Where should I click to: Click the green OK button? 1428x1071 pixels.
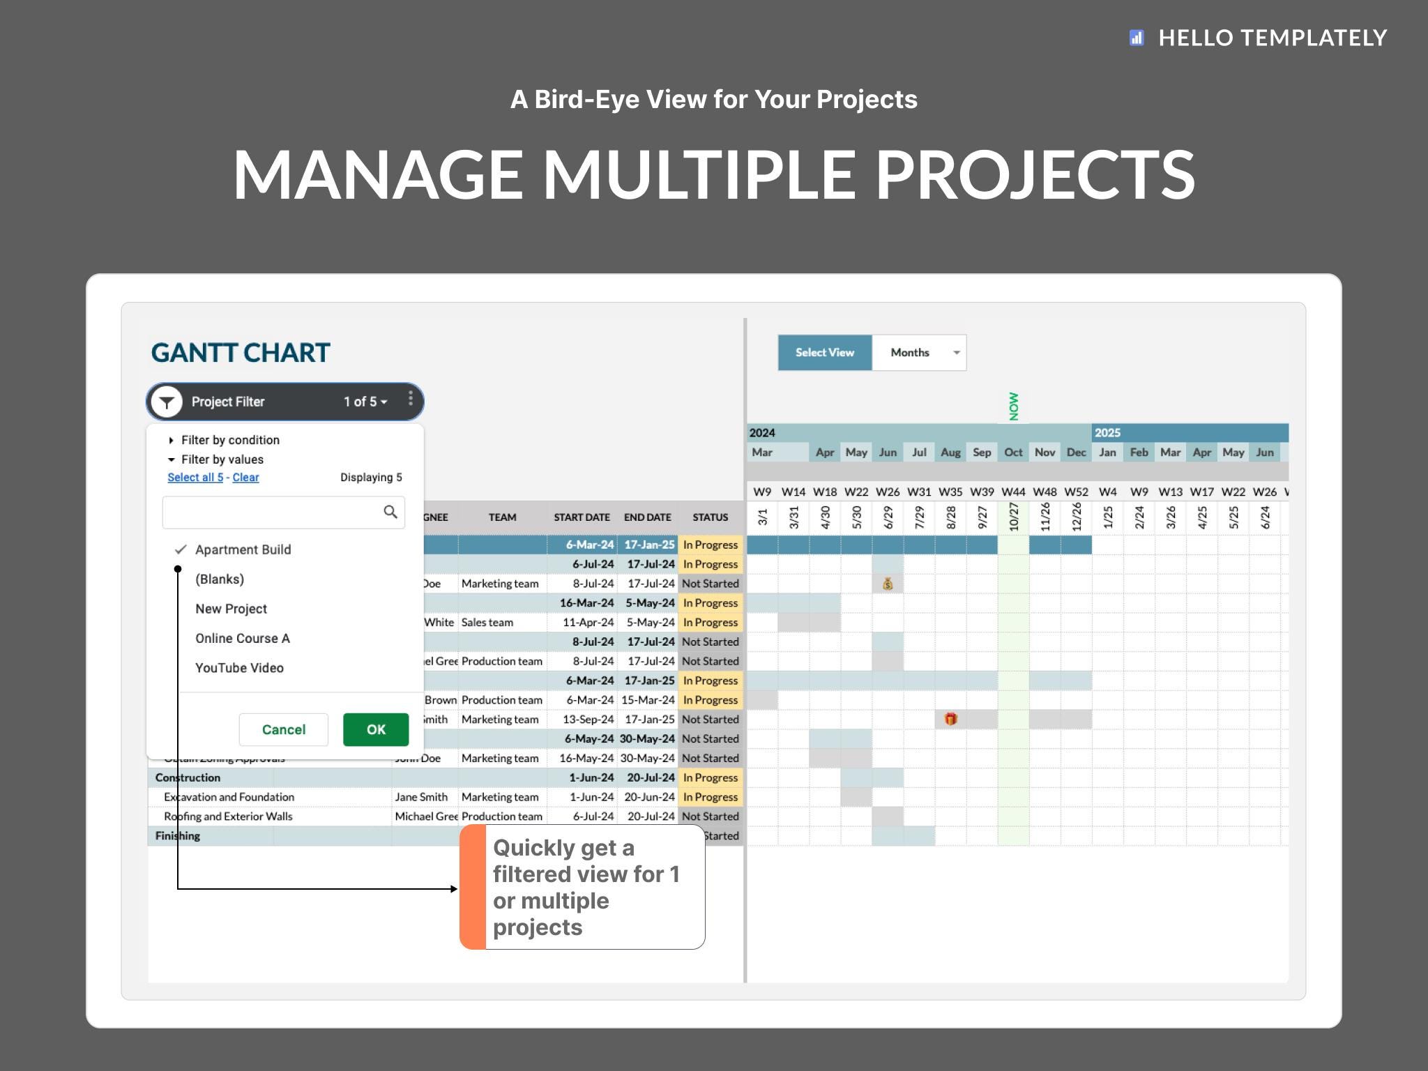point(375,729)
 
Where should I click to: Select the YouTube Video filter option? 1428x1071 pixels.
point(239,668)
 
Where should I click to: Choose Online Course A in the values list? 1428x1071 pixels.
point(242,638)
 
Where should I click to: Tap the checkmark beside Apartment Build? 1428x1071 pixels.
point(181,549)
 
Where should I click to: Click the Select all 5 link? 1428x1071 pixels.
point(195,478)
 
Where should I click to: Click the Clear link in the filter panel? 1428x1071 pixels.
point(245,478)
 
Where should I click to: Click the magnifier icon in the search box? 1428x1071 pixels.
point(390,512)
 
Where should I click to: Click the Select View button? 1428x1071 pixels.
point(824,353)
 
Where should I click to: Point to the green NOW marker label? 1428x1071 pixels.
point(1013,407)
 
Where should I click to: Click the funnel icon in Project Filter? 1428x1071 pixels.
point(167,402)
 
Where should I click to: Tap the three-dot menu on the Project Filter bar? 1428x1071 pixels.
point(410,398)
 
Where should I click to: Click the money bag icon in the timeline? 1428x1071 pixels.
point(888,584)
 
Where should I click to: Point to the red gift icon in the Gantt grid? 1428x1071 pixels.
point(950,719)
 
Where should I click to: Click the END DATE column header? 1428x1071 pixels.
point(647,517)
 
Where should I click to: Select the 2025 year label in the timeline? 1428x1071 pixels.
point(1107,433)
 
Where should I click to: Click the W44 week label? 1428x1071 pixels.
point(1012,492)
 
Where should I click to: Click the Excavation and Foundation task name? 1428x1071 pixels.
point(229,797)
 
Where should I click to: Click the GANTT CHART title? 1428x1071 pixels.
point(241,353)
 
